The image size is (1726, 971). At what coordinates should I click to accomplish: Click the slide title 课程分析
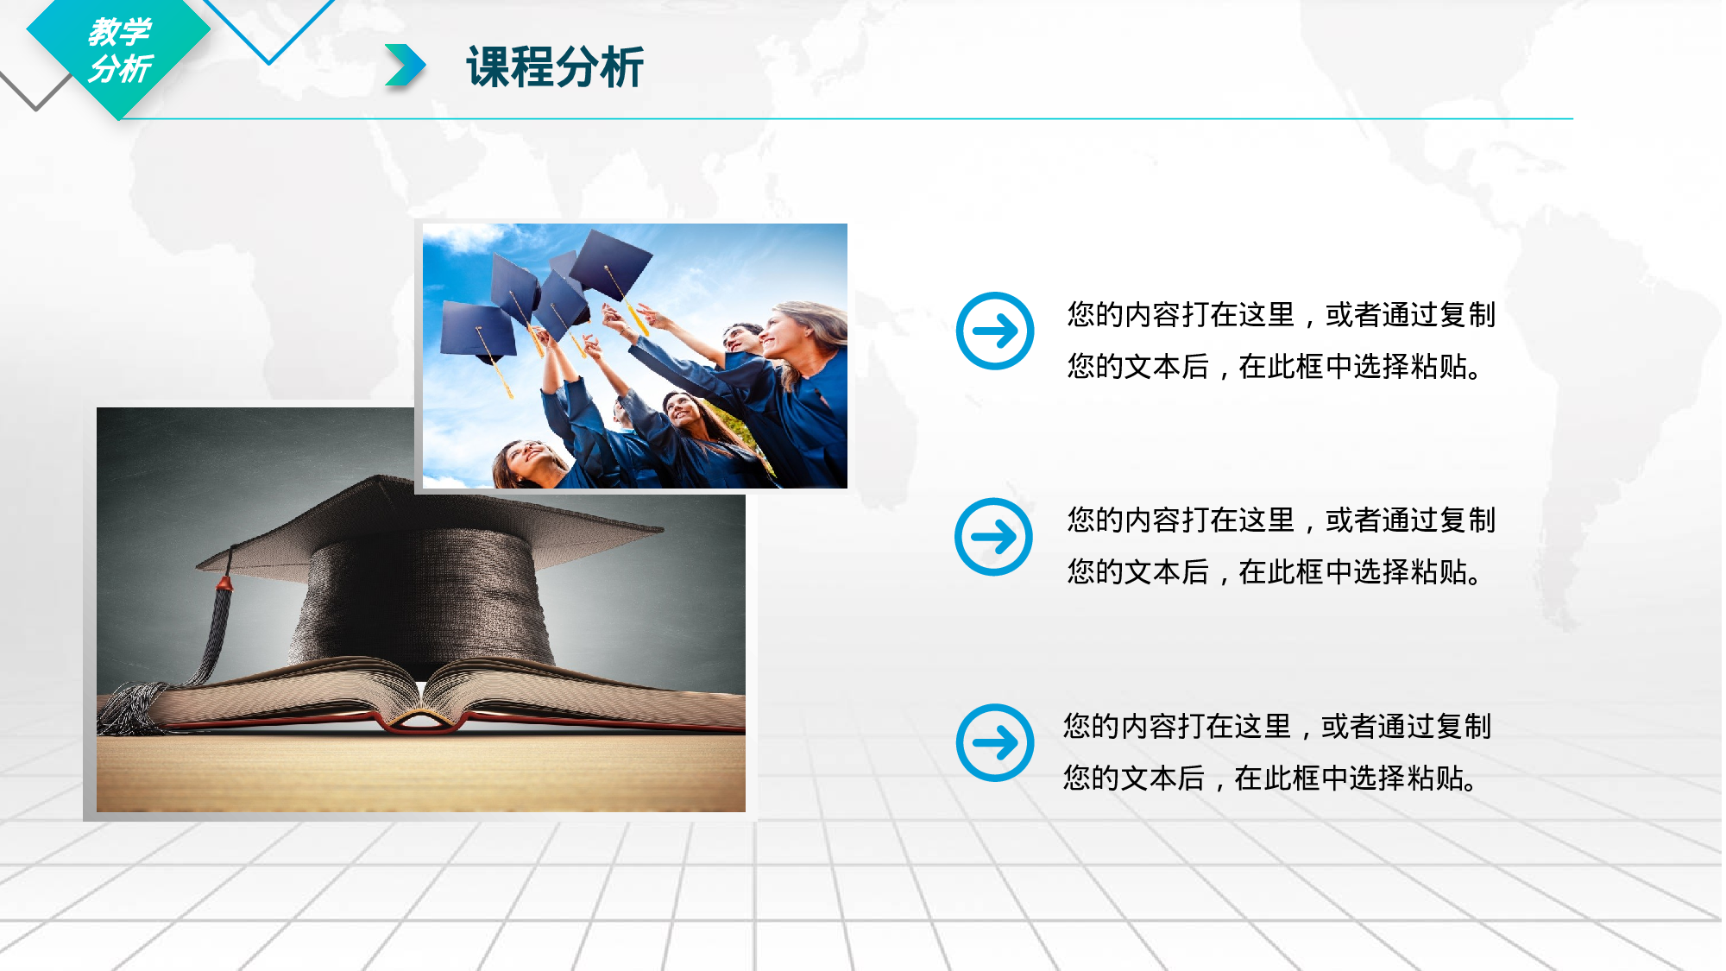(x=555, y=66)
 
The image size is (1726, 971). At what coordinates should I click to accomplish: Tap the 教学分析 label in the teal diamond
(x=120, y=50)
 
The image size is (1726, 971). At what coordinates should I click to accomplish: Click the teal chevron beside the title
(x=405, y=66)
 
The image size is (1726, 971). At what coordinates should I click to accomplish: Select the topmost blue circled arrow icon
(x=995, y=331)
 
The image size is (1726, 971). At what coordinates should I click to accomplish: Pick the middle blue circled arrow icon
(x=994, y=537)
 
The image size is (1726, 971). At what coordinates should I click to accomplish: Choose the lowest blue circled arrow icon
(x=995, y=743)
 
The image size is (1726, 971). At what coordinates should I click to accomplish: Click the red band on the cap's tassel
(x=224, y=583)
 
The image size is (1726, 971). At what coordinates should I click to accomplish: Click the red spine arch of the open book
(x=420, y=722)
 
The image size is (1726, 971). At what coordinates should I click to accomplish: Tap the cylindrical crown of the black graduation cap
(x=423, y=596)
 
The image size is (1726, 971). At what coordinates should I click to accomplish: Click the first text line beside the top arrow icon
(x=1281, y=315)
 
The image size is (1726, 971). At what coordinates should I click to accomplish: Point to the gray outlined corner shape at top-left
(x=35, y=93)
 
